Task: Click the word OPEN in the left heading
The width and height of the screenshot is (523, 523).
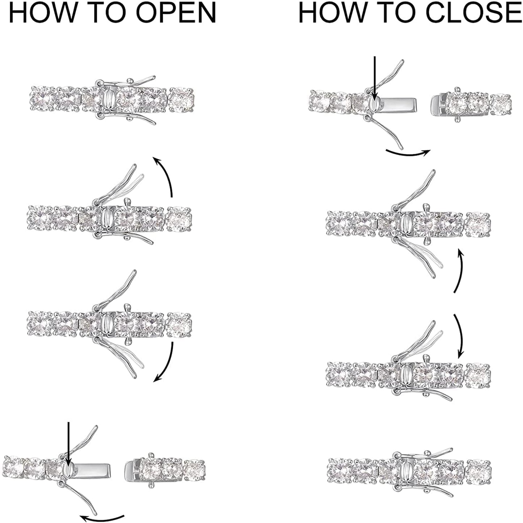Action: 176,13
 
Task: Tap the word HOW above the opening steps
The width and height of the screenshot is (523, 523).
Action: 42,13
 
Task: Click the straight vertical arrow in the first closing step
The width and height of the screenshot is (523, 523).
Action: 375,82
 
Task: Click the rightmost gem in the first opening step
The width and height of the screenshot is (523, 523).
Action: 181,99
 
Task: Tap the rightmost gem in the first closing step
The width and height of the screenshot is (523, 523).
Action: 501,105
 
